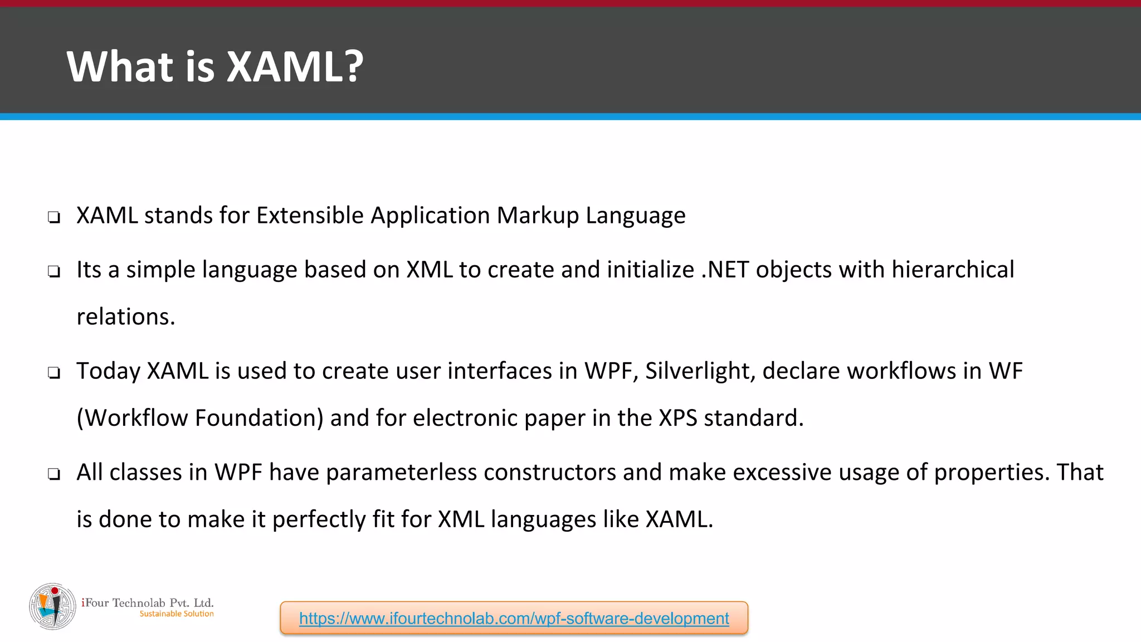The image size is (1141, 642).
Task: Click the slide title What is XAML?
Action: coord(215,67)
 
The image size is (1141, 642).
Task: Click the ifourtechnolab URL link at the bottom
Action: coord(514,618)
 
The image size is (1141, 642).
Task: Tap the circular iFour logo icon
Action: coord(52,606)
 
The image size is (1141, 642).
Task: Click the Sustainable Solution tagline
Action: coord(177,614)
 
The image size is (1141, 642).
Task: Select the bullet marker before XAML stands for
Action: coord(54,217)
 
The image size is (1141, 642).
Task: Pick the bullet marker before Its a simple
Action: coord(54,272)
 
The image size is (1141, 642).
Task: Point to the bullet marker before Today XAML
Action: coord(54,373)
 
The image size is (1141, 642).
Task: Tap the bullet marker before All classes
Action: coord(54,474)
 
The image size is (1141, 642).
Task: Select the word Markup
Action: coord(538,216)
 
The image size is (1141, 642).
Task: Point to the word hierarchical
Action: coord(953,270)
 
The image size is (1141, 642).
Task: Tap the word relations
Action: coord(125,317)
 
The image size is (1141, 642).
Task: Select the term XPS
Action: coord(677,418)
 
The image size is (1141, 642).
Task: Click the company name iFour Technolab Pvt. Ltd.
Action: coord(148,602)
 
